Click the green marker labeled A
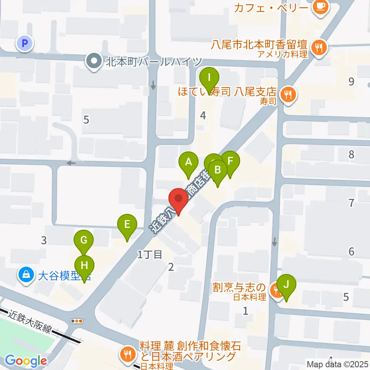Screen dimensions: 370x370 tap(188, 162)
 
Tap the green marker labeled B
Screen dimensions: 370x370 tap(217, 170)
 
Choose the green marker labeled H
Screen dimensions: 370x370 tap(84, 266)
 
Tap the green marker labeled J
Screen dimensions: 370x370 tap(286, 284)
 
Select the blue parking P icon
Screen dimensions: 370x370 tap(25, 44)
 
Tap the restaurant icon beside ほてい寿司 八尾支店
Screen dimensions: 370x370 tap(288, 93)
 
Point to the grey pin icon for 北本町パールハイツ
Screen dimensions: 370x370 tap(93, 61)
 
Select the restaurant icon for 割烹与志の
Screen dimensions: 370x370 tap(276, 289)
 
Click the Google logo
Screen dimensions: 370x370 tap(26, 361)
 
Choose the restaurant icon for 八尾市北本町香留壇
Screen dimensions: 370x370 tap(319, 47)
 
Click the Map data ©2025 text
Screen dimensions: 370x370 tap(338, 364)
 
